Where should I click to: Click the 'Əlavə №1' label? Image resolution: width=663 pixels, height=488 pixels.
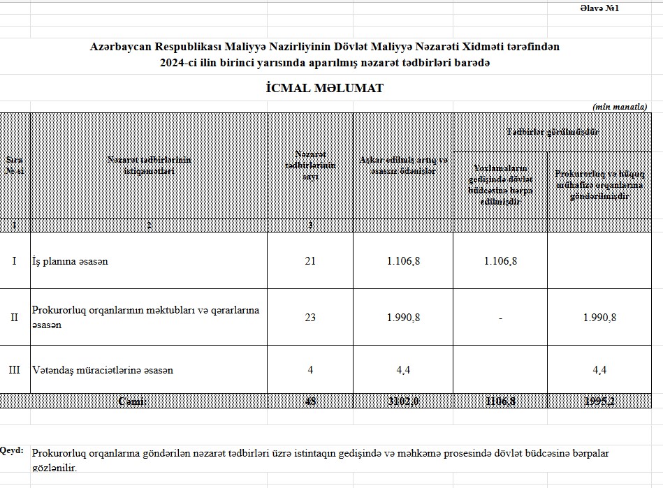tap(599, 8)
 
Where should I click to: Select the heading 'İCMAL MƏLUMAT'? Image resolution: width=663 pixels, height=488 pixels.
tap(325, 89)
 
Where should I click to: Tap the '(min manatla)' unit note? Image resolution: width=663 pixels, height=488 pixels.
tap(620, 107)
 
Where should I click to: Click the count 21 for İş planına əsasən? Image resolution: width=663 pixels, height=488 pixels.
tap(310, 261)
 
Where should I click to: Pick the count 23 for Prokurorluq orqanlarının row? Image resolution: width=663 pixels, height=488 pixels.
tap(310, 317)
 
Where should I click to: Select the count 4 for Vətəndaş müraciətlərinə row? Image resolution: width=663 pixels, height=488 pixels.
tap(310, 370)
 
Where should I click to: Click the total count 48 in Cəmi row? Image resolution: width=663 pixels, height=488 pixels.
tap(310, 401)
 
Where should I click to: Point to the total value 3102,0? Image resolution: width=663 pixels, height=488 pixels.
tap(403, 401)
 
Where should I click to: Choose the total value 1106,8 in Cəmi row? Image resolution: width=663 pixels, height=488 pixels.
tap(500, 401)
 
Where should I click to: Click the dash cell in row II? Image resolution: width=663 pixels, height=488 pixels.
tap(500, 318)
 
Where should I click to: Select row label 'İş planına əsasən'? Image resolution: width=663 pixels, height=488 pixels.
tap(70, 261)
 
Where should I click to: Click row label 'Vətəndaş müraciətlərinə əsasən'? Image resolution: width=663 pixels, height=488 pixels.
tap(103, 370)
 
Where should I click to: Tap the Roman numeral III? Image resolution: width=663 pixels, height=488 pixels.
tap(14, 370)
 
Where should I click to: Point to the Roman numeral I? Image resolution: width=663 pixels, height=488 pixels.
tap(14, 261)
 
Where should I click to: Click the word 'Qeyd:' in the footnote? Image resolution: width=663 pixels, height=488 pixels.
tap(12, 450)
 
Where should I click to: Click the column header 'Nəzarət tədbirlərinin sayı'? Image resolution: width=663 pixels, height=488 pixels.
tap(310, 165)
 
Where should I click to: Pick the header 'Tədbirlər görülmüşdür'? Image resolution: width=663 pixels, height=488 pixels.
tap(552, 132)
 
